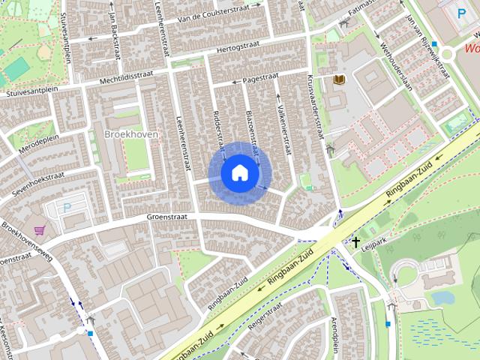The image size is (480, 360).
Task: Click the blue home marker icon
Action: coord(239,172)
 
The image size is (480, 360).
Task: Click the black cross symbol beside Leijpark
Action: coord(355,242)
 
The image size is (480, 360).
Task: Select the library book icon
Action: coord(340,79)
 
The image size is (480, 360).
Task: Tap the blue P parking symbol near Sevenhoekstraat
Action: coord(67,208)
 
